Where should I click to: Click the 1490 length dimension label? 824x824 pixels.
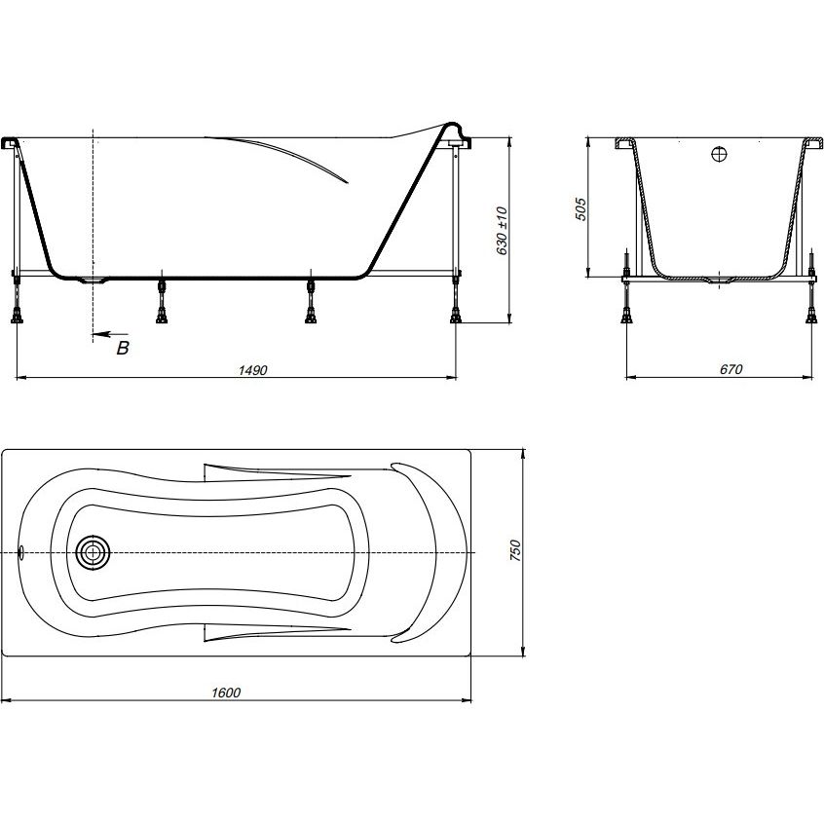(x=253, y=370)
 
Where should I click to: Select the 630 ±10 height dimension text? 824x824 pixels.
(x=502, y=231)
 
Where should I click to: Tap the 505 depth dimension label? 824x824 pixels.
(x=581, y=208)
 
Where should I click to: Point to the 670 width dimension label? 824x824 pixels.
(x=731, y=369)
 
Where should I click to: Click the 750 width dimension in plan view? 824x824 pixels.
(x=515, y=550)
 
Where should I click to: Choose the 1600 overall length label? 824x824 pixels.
(x=226, y=693)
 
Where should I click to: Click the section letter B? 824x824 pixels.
(x=123, y=348)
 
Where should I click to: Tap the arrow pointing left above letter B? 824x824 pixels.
(x=110, y=334)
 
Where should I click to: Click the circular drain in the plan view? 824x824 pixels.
(x=93, y=552)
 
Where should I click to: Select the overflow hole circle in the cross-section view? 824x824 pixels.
(x=719, y=154)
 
